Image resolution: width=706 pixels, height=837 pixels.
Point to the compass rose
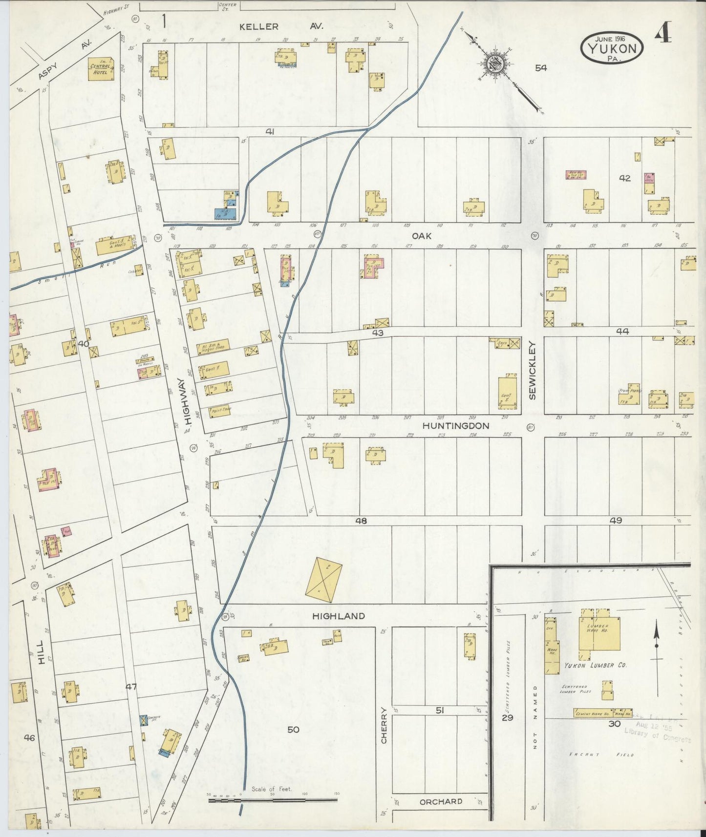click(495, 63)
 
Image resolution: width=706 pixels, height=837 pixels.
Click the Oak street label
click(422, 236)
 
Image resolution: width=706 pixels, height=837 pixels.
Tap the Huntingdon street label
click(455, 426)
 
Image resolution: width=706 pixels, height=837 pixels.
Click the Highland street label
click(338, 616)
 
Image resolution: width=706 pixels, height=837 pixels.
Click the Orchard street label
click(440, 801)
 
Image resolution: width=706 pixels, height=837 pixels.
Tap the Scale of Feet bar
click(273, 800)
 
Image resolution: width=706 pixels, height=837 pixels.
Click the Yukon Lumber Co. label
click(595, 665)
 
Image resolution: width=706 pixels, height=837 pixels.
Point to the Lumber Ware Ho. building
click(599, 633)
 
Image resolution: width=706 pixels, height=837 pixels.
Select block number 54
click(540, 68)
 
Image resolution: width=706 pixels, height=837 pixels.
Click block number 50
click(293, 730)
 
